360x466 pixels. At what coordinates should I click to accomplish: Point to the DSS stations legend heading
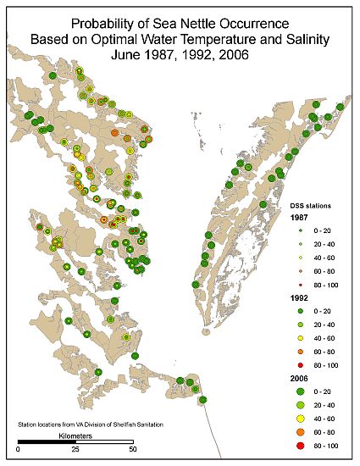tap(305, 205)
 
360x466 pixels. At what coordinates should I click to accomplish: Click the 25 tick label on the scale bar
tap(75, 450)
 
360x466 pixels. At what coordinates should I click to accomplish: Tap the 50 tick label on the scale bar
tap(132, 450)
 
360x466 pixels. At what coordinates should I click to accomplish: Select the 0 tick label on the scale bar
tap(19, 450)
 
